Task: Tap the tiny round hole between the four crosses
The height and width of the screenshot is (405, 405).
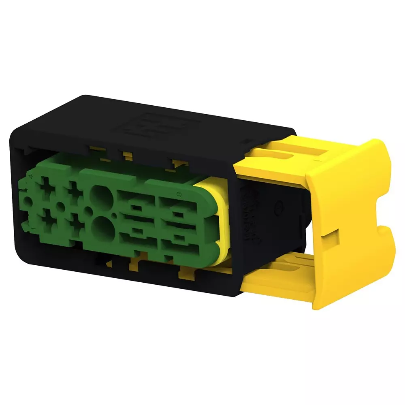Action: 60,206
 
